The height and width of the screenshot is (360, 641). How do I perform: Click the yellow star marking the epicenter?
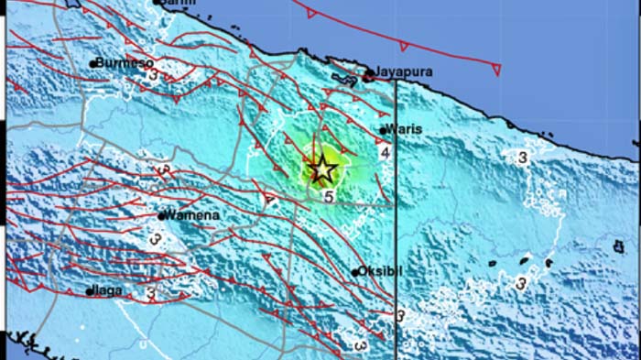click(x=321, y=169)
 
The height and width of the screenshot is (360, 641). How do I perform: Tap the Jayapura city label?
click(x=403, y=71)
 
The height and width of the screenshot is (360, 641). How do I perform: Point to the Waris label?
click(x=404, y=129)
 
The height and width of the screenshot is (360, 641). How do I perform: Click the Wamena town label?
click(x=190, y=215)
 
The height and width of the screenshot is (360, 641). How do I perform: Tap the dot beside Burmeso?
click(x=93, y=63)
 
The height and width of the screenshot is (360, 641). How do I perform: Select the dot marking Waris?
click(x=383, y=130)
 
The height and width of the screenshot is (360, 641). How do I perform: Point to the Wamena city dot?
click(x=161, y=216)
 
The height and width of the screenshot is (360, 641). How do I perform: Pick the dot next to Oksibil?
click(x=355, y=272)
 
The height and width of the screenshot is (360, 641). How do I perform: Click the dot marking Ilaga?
click(x=90, y=291)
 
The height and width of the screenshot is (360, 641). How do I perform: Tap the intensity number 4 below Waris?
click(x=386, y=151)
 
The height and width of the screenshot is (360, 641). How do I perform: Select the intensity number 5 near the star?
click(x=327, y=195)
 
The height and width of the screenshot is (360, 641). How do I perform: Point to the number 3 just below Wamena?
click(x=156, y=240)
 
